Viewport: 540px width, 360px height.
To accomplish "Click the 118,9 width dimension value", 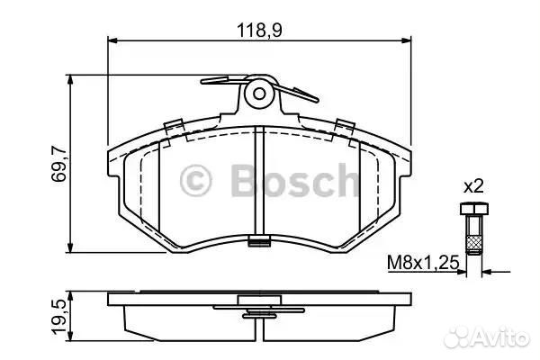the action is pos(259,31).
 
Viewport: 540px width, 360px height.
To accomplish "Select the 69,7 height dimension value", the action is pos(58,164).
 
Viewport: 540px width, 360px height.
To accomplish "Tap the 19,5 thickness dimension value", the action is pos(58,316).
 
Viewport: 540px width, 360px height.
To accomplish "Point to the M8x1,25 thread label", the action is pos(423,263).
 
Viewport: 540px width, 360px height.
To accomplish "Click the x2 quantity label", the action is pos(473,187).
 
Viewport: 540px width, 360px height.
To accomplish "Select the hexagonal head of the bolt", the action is pos(474,209).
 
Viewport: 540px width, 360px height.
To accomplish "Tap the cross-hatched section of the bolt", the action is pos(474,244).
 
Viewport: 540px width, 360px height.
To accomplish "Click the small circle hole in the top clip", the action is pos(259,94).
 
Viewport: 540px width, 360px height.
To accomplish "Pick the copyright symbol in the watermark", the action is pos(195,180).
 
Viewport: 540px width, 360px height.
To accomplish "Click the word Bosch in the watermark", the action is pos(295,180).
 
